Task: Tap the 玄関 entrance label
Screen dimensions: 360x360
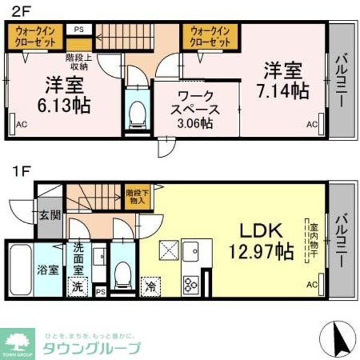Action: (x=50, y=215)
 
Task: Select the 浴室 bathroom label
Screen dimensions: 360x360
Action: (x=49, y=269)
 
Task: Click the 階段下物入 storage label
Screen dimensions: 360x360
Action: (x=138, y=197)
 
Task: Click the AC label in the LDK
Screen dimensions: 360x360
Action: (x=311, y=284)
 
